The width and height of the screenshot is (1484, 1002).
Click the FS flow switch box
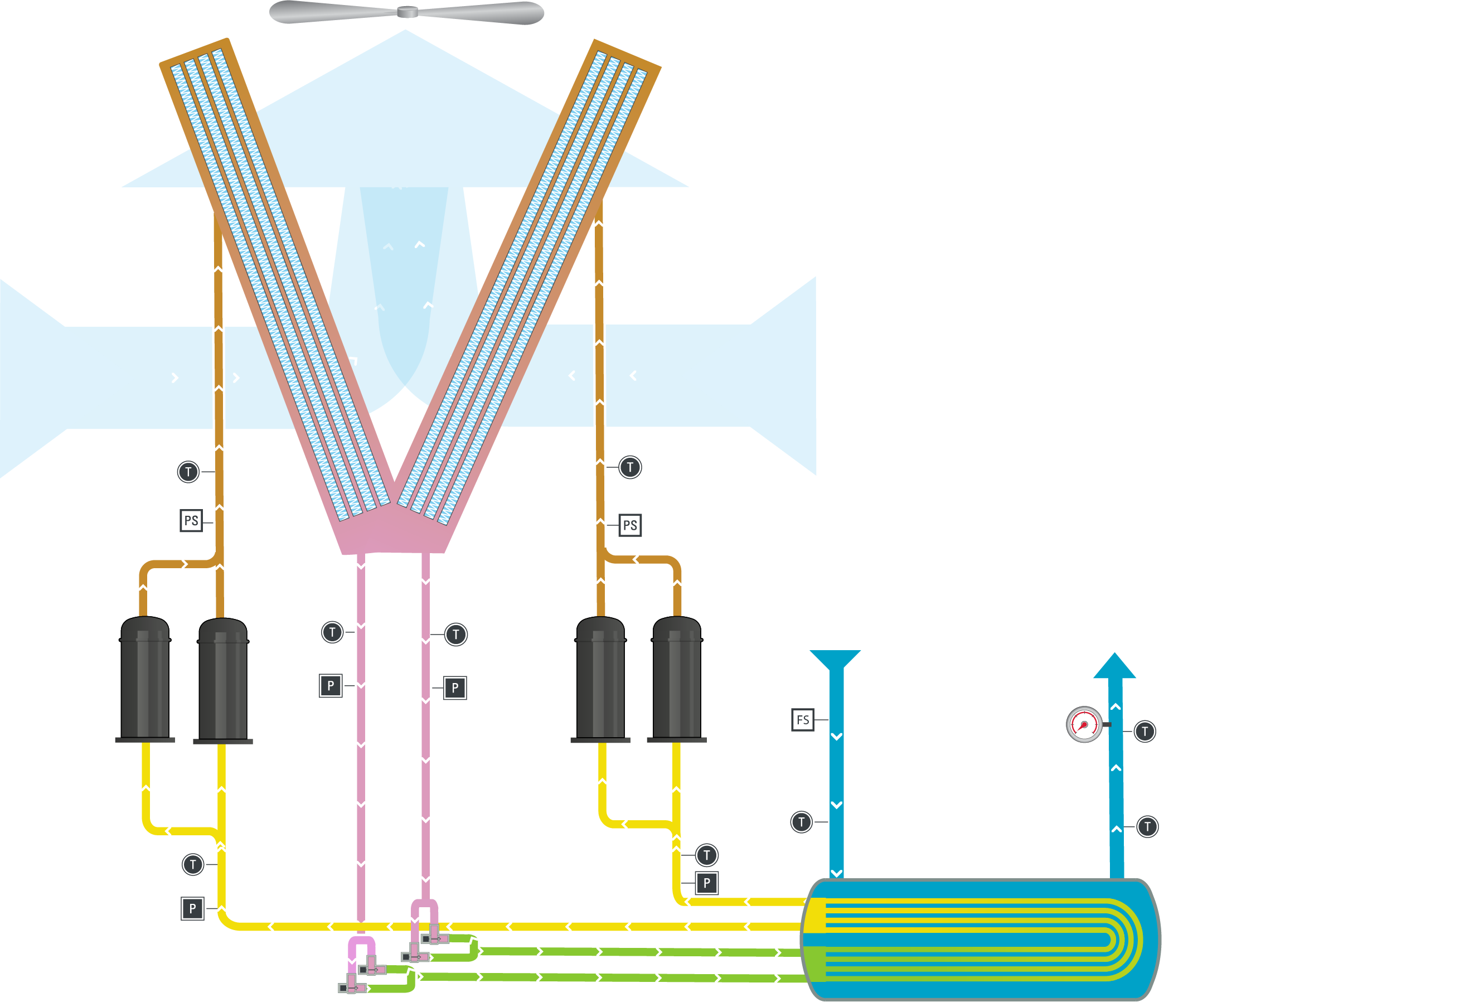click(802, 720)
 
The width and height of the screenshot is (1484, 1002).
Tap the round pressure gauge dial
click(1084, 724)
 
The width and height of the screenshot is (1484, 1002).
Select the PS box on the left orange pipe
click(191, 520)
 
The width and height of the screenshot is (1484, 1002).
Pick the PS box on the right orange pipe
click(629, 525)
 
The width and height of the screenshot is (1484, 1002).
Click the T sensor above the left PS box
click(188, 472)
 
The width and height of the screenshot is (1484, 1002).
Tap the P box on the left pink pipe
click(330, 686)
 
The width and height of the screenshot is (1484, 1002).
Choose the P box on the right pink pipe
click(455, 688)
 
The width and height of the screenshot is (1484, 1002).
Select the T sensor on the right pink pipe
click(456, 635)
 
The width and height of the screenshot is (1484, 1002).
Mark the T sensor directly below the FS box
click(802, 822)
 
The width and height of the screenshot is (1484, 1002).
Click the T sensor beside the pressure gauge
click(1145, 731)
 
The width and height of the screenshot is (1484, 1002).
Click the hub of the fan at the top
click(407, 12)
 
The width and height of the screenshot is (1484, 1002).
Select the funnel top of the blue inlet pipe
click(835, 659)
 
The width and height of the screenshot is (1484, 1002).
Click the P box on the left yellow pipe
click(192, 908)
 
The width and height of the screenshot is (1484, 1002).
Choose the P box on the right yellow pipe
click(706, 883)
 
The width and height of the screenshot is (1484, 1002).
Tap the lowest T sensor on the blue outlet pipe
click(1147, 827)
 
